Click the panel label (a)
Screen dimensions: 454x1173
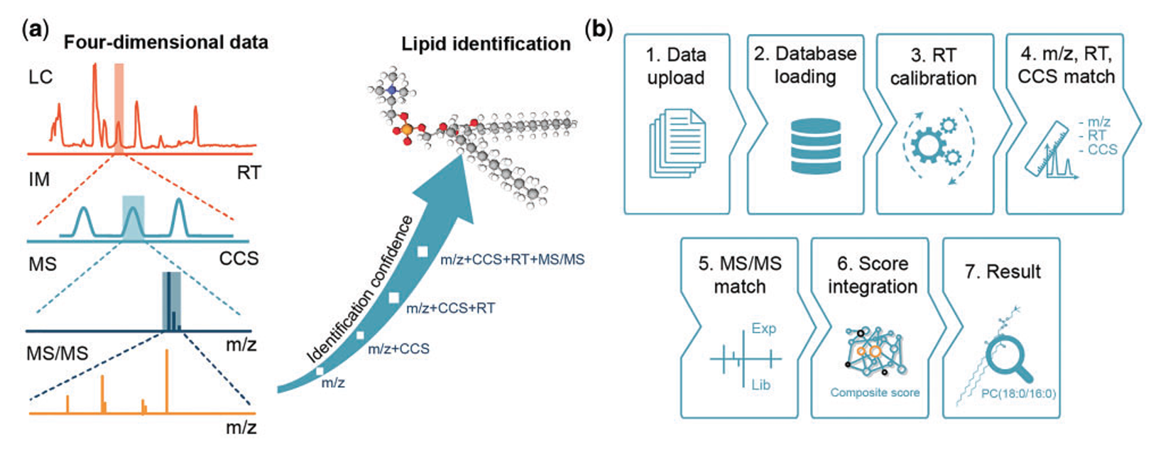tap(36, 30)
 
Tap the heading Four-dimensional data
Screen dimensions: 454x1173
tap(165, 43)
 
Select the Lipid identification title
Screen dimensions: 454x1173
tap(486, 44)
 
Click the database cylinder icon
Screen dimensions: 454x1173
tap(815, 146)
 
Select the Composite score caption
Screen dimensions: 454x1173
tap(875, 393)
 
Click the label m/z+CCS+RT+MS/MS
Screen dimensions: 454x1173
tap(512, 260)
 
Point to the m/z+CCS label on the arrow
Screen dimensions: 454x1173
tap(398, 349)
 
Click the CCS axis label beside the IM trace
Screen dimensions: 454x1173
tap(239, 258)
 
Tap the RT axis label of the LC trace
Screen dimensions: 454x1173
tap(249, 172)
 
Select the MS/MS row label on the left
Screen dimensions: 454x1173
tap(57, 353)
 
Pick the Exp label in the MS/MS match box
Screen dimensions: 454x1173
tap(763, 328)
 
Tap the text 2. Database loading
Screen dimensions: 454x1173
tap(804, 65)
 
